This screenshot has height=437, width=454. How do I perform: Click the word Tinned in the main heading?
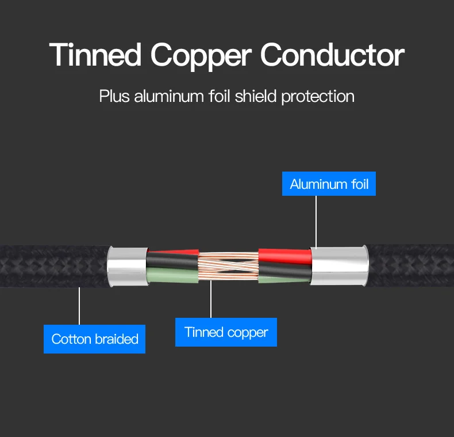click(95, 55)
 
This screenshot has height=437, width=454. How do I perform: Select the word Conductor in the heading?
click(332, 55)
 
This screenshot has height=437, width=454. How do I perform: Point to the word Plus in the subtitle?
click(114, 96)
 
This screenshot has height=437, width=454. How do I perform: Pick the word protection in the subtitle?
click(318, 96)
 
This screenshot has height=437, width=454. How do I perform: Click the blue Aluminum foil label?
click(329, 185)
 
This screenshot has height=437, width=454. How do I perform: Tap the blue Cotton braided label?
click(95, 339)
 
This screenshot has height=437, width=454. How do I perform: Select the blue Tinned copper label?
click(226, 332)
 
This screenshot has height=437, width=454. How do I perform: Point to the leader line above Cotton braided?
click(79, 305)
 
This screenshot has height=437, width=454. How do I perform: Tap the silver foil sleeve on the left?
click(127, 267)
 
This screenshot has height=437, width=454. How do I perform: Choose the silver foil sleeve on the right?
click(339, 265)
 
